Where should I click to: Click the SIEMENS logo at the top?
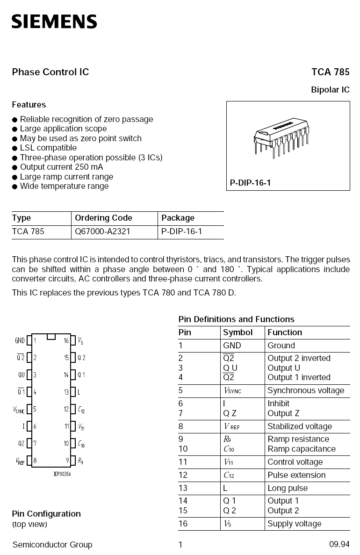tap(54, 22)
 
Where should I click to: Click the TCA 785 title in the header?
tap(330, 72)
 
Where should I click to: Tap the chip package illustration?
tap(281, 138)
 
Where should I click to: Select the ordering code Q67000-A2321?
tap(102, 231)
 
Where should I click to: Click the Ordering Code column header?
tap(103, 218)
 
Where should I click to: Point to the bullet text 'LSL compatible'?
tap(48, 148)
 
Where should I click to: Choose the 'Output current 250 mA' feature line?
tap(61, 167)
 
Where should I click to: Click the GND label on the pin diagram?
tap(20, 341)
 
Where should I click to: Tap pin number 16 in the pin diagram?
tap(66, 341)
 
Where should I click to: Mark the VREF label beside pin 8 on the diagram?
tap(19, 461)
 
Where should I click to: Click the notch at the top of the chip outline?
tap(51, 336)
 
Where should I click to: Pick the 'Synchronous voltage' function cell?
tap(305, 390)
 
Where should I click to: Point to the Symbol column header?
tap(238, 332)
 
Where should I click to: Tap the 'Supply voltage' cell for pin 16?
tap(294, 524)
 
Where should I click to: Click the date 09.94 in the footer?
tap(339, 545)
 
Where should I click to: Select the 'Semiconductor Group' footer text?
tap(52, 545)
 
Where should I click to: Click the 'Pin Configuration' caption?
tap(46, 514)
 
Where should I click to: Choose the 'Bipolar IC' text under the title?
tap(330, 90)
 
